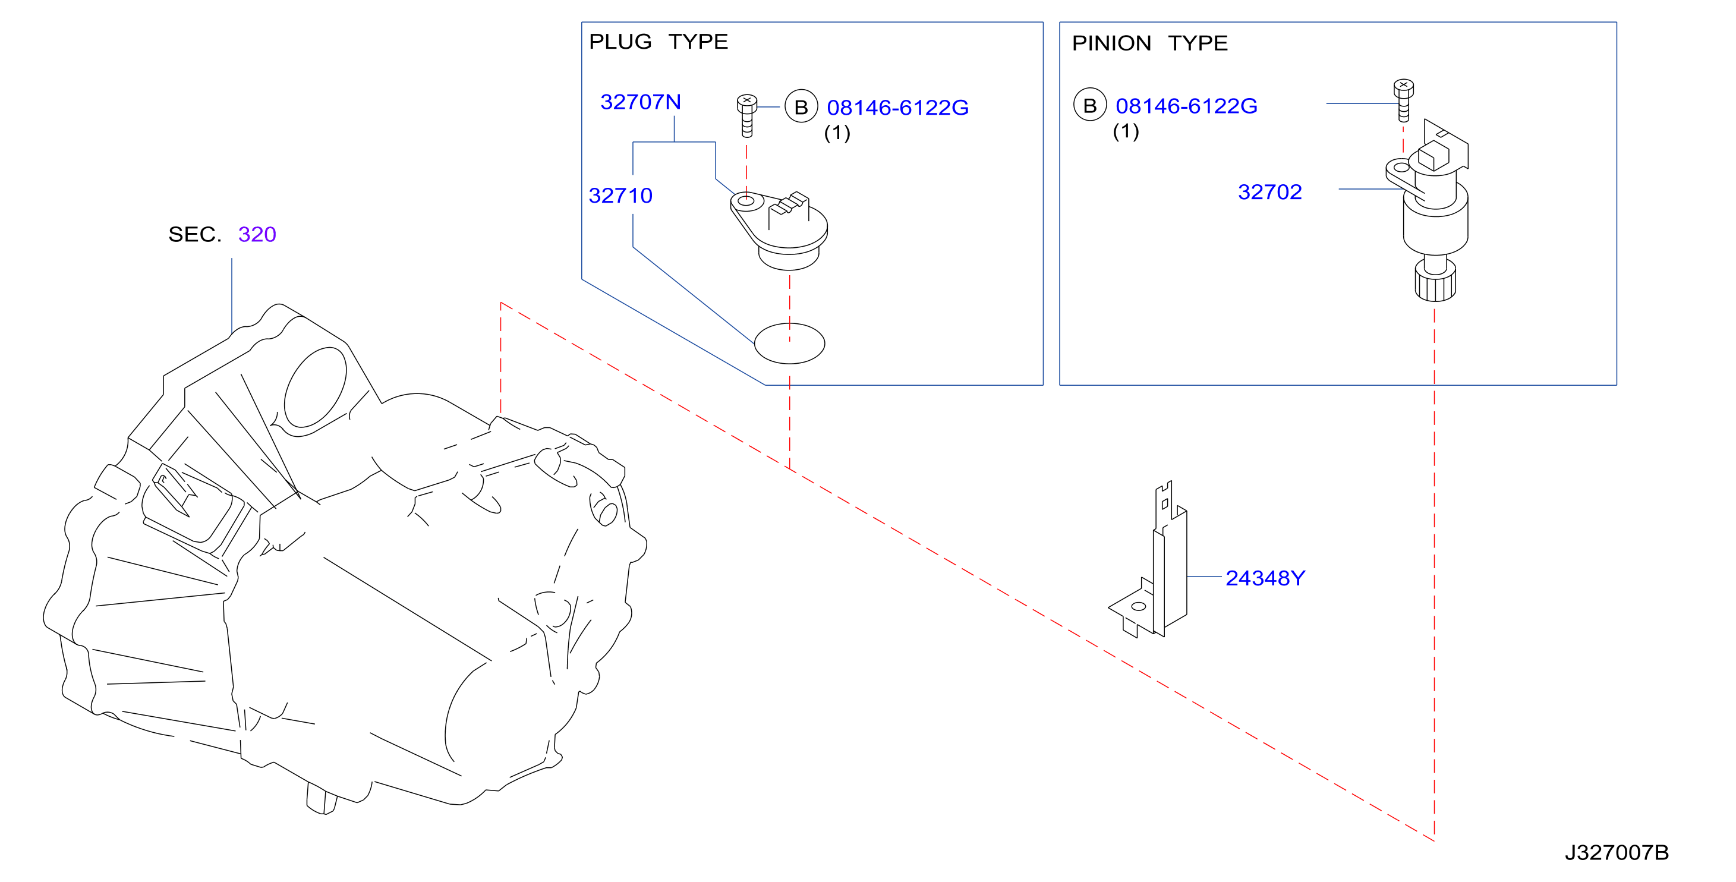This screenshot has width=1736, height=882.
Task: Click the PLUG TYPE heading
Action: click(x=659, y=42)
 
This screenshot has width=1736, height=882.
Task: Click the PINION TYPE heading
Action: click(x=1149, y=43)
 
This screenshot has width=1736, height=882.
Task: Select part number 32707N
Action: click(x=640, y=102)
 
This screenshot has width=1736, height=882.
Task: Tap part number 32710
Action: click(x=620, y=196)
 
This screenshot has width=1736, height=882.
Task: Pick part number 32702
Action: click(x=1269, y=192)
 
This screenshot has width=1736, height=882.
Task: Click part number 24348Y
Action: click(x=1265, y=578)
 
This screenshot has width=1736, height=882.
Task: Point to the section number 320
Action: click(x=257, y=235)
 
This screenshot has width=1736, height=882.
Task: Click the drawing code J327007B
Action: click(x=1617, y=852)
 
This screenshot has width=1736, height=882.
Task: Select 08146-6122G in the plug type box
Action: click(x=897, y=108)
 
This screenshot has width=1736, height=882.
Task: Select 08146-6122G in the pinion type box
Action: click(x=1186, y=106)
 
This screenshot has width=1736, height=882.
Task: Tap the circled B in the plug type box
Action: click(x=801, y=107)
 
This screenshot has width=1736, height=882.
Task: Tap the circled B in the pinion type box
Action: click(x=1090, y=105)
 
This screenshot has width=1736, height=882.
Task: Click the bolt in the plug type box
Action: click(x=746, y=115)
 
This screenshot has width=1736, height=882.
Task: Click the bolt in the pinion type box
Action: click(x=1404, y=100)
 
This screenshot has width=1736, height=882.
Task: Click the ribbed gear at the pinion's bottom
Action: click(x=1435, y=282)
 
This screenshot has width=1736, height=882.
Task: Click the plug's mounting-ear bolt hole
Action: click(x=746, y=201)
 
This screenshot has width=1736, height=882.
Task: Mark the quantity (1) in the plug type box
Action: click(x=837, y=133)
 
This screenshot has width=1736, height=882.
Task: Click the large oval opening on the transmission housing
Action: click(x=316, y=388)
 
